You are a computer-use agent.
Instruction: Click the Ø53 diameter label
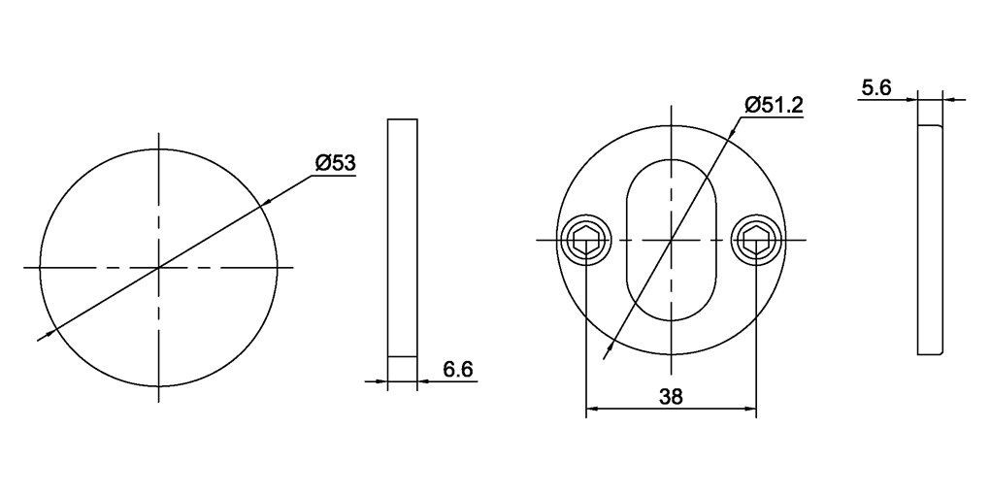[335, 163]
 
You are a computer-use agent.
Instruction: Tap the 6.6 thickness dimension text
[458, 370]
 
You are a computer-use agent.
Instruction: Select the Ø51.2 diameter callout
[774, 105]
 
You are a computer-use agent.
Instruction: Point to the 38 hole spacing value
[671, 397]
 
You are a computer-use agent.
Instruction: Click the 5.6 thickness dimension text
[876, 88]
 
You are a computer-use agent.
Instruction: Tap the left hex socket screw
[586, 240]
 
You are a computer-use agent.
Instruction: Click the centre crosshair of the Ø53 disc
[158, 268]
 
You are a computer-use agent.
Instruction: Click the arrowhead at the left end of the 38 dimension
[592, 410]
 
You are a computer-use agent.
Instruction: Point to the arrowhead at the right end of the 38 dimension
[749, 410]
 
